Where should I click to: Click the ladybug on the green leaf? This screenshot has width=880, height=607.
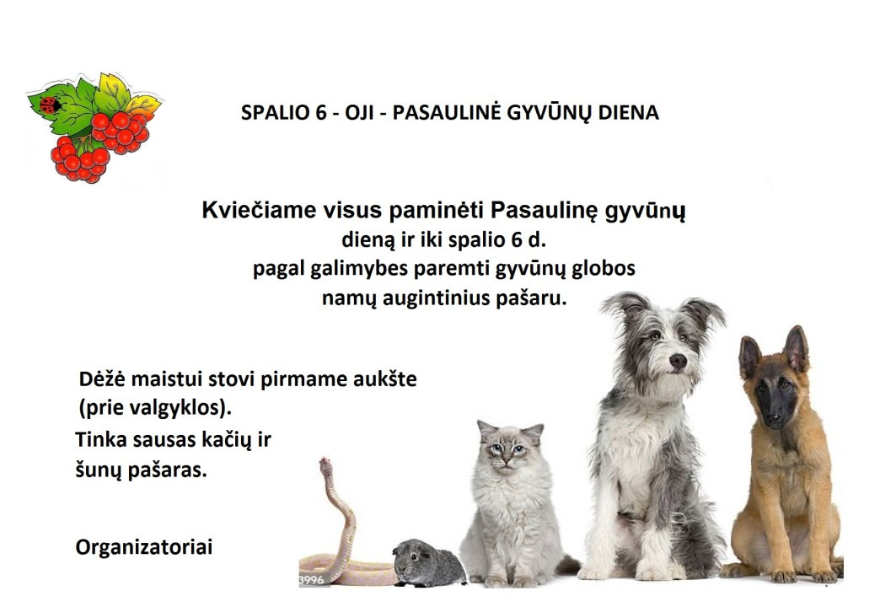tap(50, 105)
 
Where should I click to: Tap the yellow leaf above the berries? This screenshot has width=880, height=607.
tap(113, 92)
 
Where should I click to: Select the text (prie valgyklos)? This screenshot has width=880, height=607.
tap(155, 408)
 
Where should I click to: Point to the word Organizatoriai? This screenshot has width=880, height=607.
tap(144, 547)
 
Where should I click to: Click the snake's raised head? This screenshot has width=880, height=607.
tap(325, 466)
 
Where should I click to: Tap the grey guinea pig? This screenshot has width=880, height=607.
tap(429, 562)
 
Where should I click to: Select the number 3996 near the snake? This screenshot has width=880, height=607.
tap(312, 580)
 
